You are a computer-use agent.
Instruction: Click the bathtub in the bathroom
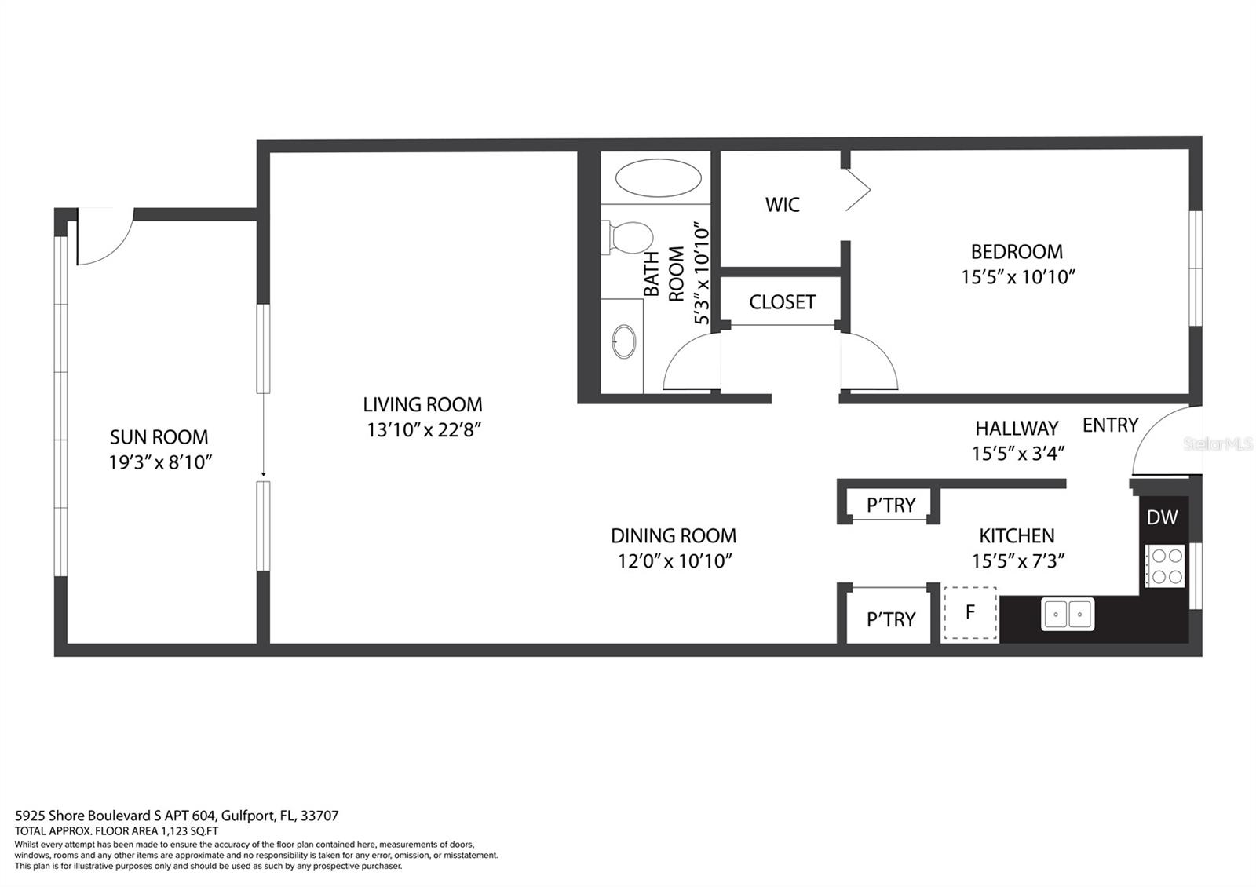658,178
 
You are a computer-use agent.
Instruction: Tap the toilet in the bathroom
628,237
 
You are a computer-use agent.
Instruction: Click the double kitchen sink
1068,615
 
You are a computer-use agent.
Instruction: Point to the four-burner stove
1165,566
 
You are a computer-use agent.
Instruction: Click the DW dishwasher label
1163,517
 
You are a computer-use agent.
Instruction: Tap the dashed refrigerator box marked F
970,613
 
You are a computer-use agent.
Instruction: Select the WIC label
782,205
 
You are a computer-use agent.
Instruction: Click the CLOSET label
782,302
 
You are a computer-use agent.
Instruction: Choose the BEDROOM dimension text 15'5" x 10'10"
1017,277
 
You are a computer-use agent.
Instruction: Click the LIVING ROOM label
423,404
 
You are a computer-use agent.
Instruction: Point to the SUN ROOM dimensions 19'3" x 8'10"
160,462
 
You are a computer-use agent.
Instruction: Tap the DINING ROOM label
674,536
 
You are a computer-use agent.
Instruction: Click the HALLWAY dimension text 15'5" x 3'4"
1017,453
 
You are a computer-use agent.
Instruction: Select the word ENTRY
1110,425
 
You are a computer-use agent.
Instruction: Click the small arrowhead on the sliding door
264,475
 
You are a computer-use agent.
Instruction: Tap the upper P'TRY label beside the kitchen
890,506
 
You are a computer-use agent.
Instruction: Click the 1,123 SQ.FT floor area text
188,831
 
